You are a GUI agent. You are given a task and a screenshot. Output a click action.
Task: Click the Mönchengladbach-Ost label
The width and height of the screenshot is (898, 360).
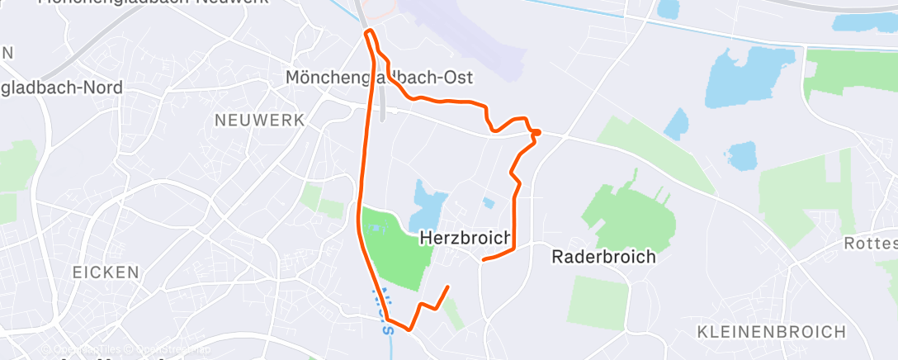379,78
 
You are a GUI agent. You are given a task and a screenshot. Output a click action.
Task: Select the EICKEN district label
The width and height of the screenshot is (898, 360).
105,272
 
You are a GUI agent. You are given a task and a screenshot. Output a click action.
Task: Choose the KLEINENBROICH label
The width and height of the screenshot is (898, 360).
772,332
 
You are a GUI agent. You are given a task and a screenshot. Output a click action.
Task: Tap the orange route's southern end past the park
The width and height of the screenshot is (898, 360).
447,287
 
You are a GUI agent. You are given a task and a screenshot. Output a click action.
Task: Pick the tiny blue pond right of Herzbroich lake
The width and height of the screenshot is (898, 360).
489,202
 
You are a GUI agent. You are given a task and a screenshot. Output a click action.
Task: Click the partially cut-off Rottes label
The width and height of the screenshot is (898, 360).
869,244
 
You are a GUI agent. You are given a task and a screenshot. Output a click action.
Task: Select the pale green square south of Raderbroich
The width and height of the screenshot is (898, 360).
597,301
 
